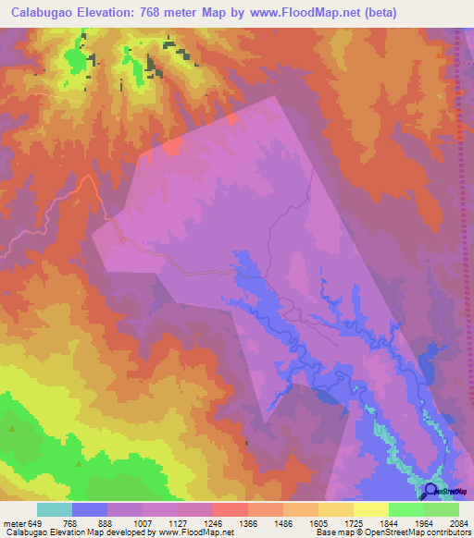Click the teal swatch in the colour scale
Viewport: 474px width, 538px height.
(55, 509)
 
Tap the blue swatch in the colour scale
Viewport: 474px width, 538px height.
(90, 509)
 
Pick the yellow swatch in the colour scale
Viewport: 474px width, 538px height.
(371, 509)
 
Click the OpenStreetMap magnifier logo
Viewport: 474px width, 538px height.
(431, 491)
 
